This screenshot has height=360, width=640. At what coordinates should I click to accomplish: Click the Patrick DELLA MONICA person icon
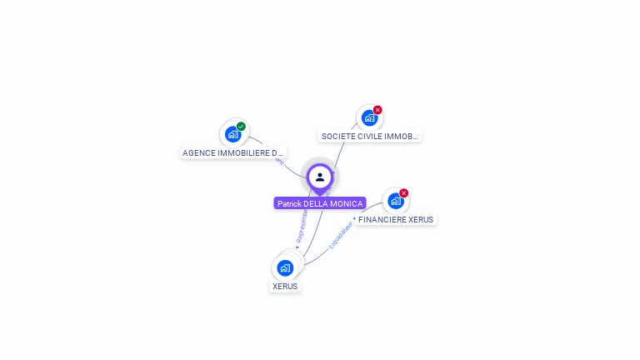click(x=320, y=177)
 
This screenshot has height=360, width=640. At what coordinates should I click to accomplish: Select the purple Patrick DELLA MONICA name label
click(x=320, y=203)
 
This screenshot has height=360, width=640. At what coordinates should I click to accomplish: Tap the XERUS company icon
click(x=285, y=267)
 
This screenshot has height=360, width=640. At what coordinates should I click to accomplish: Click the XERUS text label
click(x=285, y=287)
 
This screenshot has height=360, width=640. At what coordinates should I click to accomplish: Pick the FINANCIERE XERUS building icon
click(x=395, y=201)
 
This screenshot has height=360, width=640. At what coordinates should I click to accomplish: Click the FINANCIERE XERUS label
click(x=396, y=220)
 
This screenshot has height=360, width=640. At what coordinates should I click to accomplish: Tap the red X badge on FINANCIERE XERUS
click(x=404, y=193)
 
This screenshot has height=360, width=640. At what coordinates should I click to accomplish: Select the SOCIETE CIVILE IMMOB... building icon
click(x=369, y=117)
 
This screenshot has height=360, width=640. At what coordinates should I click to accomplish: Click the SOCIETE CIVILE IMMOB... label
click(x=370, y=136)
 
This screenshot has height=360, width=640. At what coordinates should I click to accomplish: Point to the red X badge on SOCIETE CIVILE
click(x=377, y=110)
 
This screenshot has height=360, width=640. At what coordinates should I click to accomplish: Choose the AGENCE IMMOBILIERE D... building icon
click(x=233, y=133)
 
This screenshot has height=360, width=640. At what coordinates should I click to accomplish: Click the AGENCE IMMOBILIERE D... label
click(x=233, y=153)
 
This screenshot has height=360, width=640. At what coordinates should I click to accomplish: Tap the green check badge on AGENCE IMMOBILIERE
click(x=241, y=127)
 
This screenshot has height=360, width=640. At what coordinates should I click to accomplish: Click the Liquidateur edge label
click(x=340, y=236)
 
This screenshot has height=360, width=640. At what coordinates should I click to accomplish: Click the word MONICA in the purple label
click(x=349, y=203)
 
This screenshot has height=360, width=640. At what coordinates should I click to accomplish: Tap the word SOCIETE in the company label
click(x=336, y=136)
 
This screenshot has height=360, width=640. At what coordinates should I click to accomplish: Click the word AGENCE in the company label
click(x=197, y=153)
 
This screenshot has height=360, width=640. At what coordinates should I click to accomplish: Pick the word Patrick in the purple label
click(x=288, y=203)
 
